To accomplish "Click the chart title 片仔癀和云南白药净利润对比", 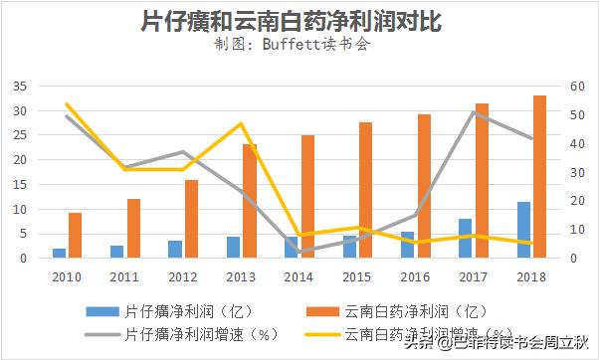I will (x=299, y=21).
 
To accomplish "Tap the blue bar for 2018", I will (x=523, y=230).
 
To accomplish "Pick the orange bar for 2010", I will (x=75, y=235).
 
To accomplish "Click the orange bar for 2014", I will (x=308, y=196).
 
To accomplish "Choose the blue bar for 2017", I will (x=465, y=238).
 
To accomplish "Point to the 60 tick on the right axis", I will (x=578, y=87).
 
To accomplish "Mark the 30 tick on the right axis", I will (x=578, y=172).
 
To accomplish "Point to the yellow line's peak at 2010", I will (x=67, y=104).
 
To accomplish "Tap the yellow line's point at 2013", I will (x=241, y=124).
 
